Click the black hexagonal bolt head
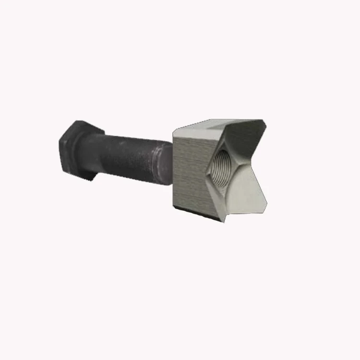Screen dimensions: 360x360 click(x=77, y=149)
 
